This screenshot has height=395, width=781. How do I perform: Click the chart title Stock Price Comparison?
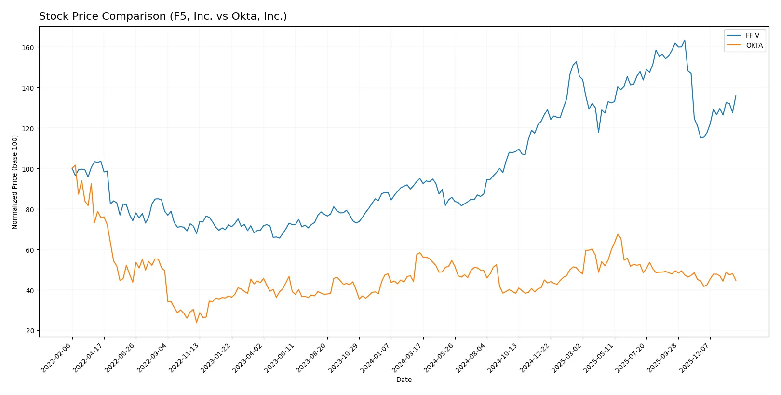tap(163, 16)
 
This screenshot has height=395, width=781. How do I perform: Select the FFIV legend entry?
tap(752, 35)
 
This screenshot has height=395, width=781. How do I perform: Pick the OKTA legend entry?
tap(754, 45)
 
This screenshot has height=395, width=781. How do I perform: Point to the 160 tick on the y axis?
tap(28, 47)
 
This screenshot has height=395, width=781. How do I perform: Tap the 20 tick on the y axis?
tap(30, 331)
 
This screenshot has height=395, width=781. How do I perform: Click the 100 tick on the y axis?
tap(28, 169)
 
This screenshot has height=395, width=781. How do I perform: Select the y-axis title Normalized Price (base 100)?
tap(15, 182)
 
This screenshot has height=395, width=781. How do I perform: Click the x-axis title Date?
tap(404, 380)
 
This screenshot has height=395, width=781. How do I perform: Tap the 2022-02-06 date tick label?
tap(57, 357)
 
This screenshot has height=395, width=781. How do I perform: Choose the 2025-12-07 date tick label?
tap(695, 357)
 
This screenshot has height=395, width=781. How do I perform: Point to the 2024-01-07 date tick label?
tap(376, 357)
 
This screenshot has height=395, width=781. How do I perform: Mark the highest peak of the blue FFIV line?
tap(685, 41)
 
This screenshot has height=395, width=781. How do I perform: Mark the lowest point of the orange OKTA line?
tap(196, 322)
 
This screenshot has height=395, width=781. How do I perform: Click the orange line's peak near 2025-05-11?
tap(618, 234)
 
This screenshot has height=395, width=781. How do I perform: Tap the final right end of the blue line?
tap(736, 96)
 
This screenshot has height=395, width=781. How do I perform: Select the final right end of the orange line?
tap(736, 280)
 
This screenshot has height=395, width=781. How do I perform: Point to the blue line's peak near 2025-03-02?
tap(576, 62)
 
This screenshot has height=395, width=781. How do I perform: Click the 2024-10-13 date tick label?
tap(503, 357)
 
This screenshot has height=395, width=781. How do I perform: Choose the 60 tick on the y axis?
tap(30, 250)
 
